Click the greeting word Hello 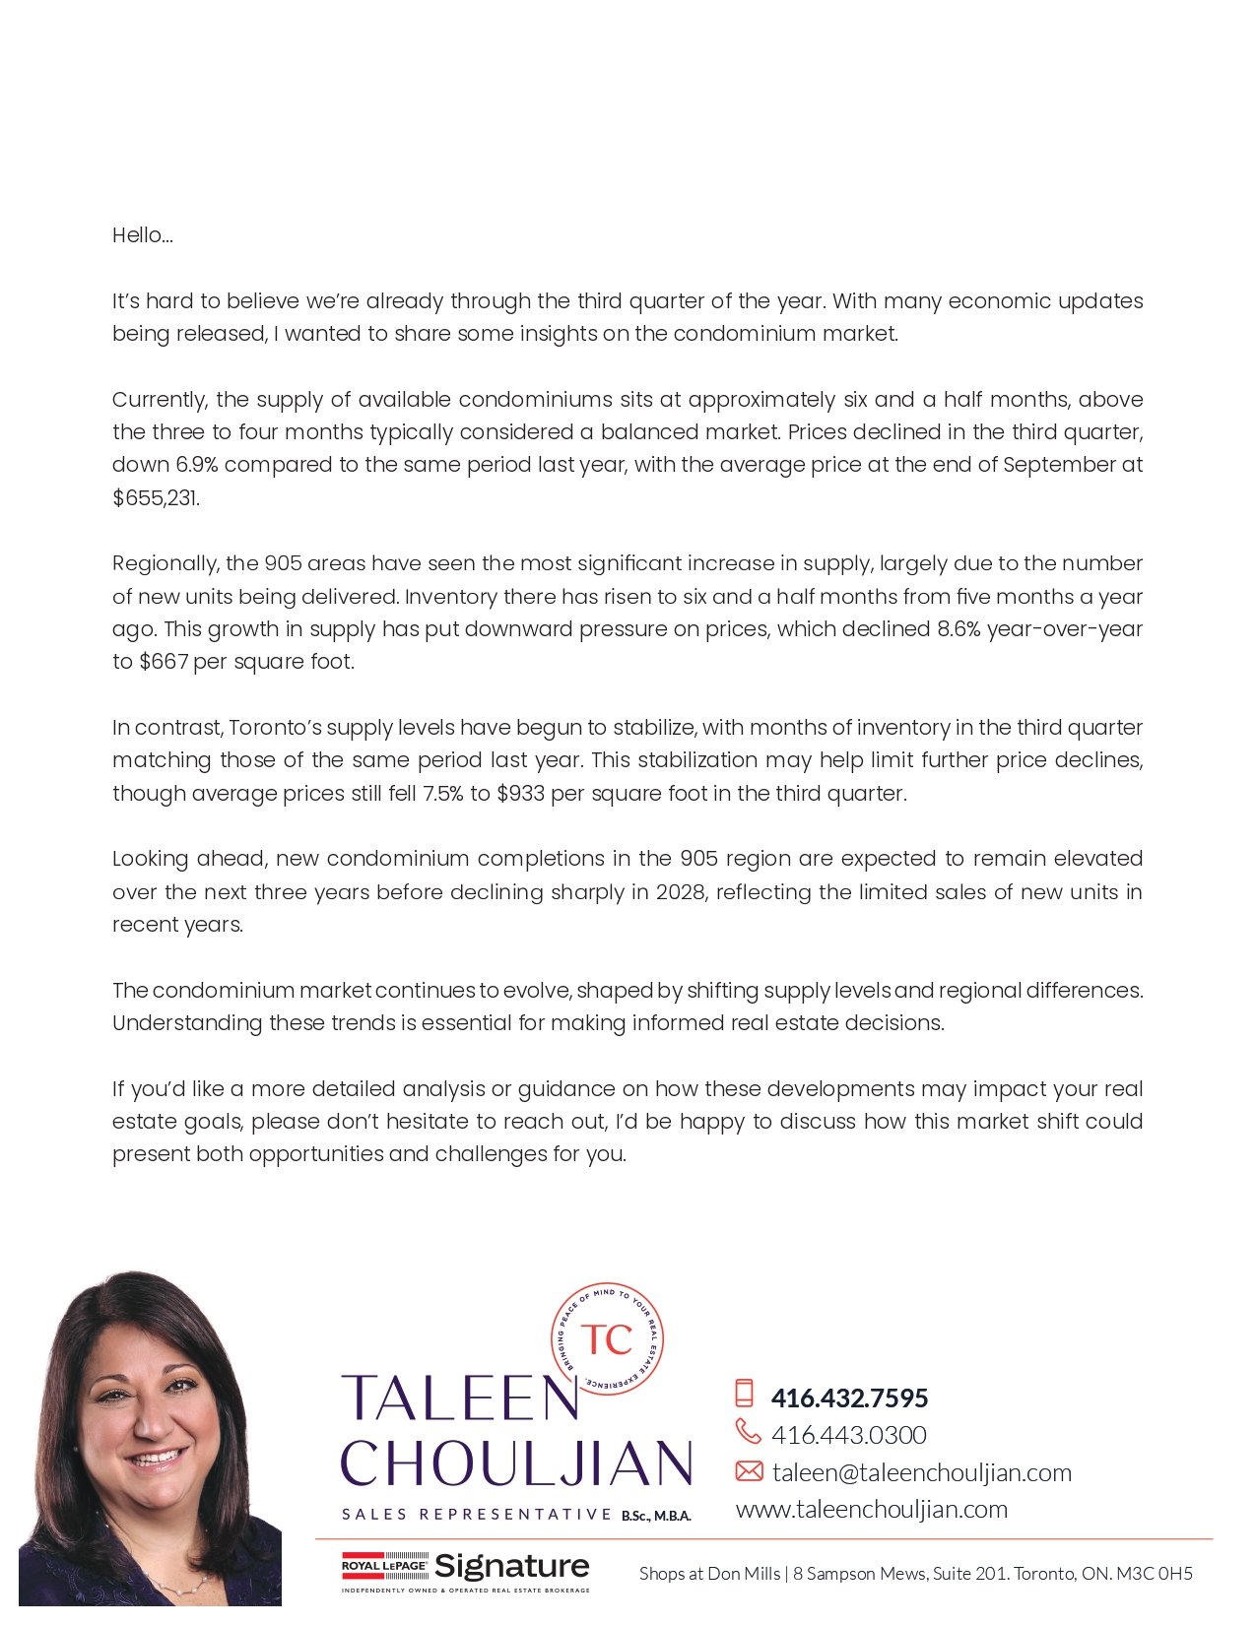(x=142, y=235)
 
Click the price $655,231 (x=156, y=498)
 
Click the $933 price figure (x=520, y=794)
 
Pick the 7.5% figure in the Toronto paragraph (x=442, y=794)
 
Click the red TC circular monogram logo (x=607, y=1339)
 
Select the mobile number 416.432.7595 (x=849, y=1397)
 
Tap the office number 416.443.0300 (x=848, y=1435)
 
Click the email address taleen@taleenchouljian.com (x=921, y=1472)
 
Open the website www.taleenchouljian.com (x=872, y=1509)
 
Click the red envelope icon (x=749, y=1471)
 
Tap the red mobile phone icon (x=745, y=1394)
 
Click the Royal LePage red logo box (x=384, y=1566)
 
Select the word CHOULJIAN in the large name (x=516, y=1463)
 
